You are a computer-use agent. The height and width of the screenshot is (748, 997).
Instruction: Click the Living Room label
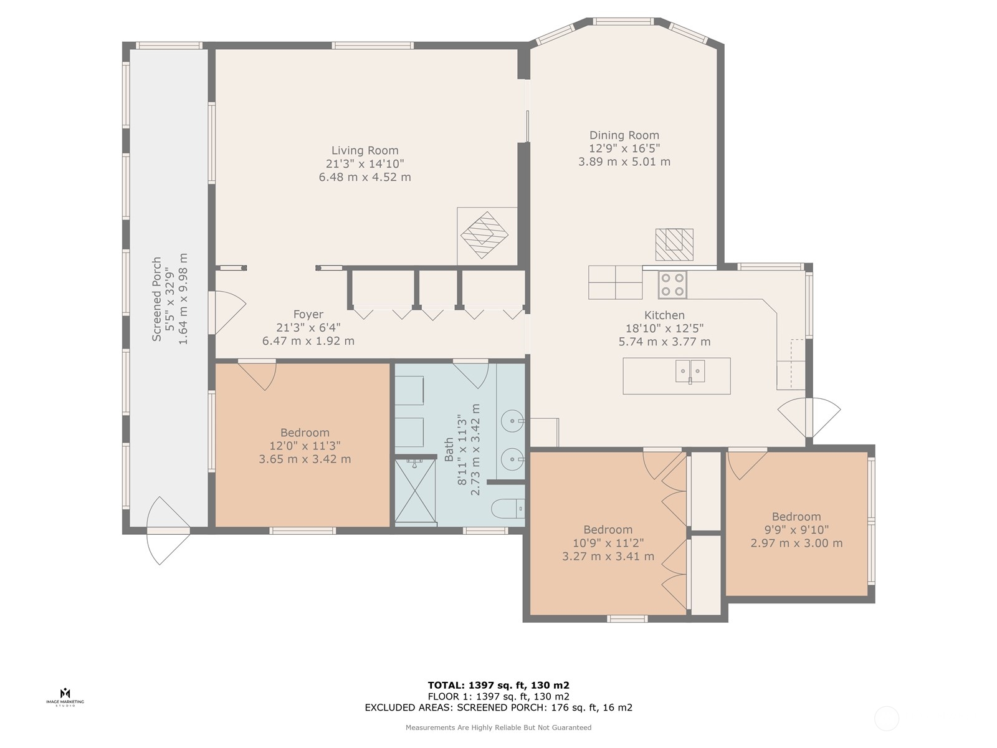pyautogui.click(x=365, y=150)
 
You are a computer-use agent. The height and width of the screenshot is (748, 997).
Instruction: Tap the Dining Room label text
pyautogui.click(x=624, y=135)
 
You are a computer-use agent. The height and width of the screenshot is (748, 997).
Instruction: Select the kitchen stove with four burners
pyautogui.click(x=672, y=285)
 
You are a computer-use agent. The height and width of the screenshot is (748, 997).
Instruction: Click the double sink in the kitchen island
pyautogui.click(x=690, y=372)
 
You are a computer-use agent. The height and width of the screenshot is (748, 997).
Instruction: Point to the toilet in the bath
pyautogui.click(x=508, y=509)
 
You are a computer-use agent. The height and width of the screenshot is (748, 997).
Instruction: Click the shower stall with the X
pyautogui.click(x=415, y=491)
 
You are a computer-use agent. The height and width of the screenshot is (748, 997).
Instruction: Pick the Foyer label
pyautogui.click(x=308, y=314)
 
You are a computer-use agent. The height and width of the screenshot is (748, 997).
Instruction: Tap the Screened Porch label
pyautogui.click(x=156, y=299)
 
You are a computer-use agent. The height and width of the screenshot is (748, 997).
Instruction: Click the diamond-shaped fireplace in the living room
pyautogui.click(x=484, y=235)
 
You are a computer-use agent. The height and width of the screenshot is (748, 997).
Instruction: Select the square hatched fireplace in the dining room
pyautogui.click(x=674, y=244)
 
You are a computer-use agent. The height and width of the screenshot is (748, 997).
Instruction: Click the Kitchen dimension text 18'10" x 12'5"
pyautogui.click(x=664, y=328)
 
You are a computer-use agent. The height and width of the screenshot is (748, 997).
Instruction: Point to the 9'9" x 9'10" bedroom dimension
pyautogui.click(x=796, y=530)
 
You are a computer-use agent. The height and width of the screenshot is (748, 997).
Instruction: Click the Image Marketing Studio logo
pyautogui.click(x=65, y=697)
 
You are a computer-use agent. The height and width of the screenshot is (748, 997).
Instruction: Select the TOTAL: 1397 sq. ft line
pyautogui.click(x=499, y=685)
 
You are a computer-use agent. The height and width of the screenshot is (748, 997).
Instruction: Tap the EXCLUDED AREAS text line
pyautogui.click(x=499, y=707)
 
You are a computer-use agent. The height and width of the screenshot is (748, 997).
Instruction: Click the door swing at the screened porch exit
pyautogui.click(x=168, y=530)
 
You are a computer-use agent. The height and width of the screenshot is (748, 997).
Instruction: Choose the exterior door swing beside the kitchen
pyautogui.click(x=809, y=418)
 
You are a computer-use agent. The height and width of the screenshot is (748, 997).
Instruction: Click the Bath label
pyautogui.click(x=449, y=449)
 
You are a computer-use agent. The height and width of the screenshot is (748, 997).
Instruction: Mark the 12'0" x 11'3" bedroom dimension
pyautogui.click(x=305, y=446)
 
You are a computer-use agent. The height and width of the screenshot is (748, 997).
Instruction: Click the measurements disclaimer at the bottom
pyautogui.click(x=499, y=727)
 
